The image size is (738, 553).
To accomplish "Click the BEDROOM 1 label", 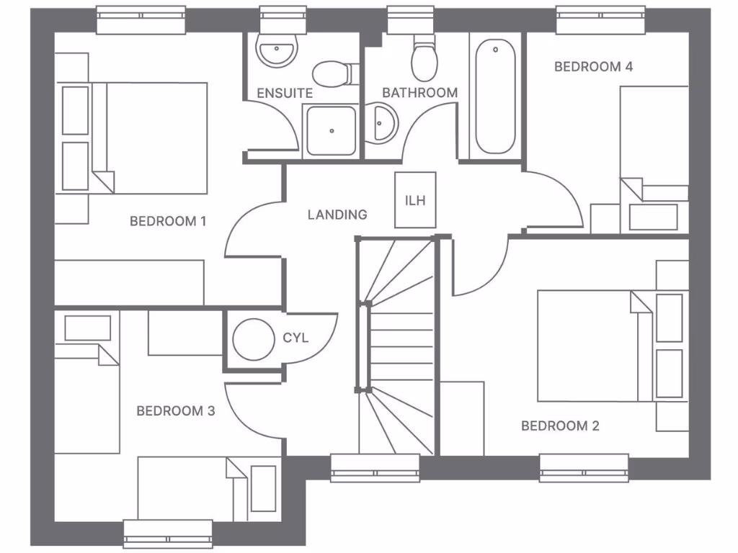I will [x=168, y=221].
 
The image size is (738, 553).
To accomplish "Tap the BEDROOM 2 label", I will [x=560, y=426].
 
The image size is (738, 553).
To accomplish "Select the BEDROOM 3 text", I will [x=175, y=411].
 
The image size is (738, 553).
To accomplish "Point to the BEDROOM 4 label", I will [x=593, y=67].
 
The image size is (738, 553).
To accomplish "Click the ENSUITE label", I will [x=285, y=93].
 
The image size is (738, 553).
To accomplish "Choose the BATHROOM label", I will [x=419, y=93].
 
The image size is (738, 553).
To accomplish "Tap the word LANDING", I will [x=337, y=215].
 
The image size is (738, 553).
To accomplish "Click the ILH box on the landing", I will [x=415, y=200].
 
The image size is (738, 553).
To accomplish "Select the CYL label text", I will [x=295, y=338].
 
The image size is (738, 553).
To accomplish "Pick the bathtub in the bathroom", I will [x=495, y=97].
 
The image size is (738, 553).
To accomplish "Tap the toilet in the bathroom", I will [x=424, y=60].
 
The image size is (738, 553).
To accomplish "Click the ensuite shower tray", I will [x=331, y=130].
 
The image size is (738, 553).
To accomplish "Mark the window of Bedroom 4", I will [x=600, y=20].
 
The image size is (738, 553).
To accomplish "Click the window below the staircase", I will [x=375, y=468].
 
